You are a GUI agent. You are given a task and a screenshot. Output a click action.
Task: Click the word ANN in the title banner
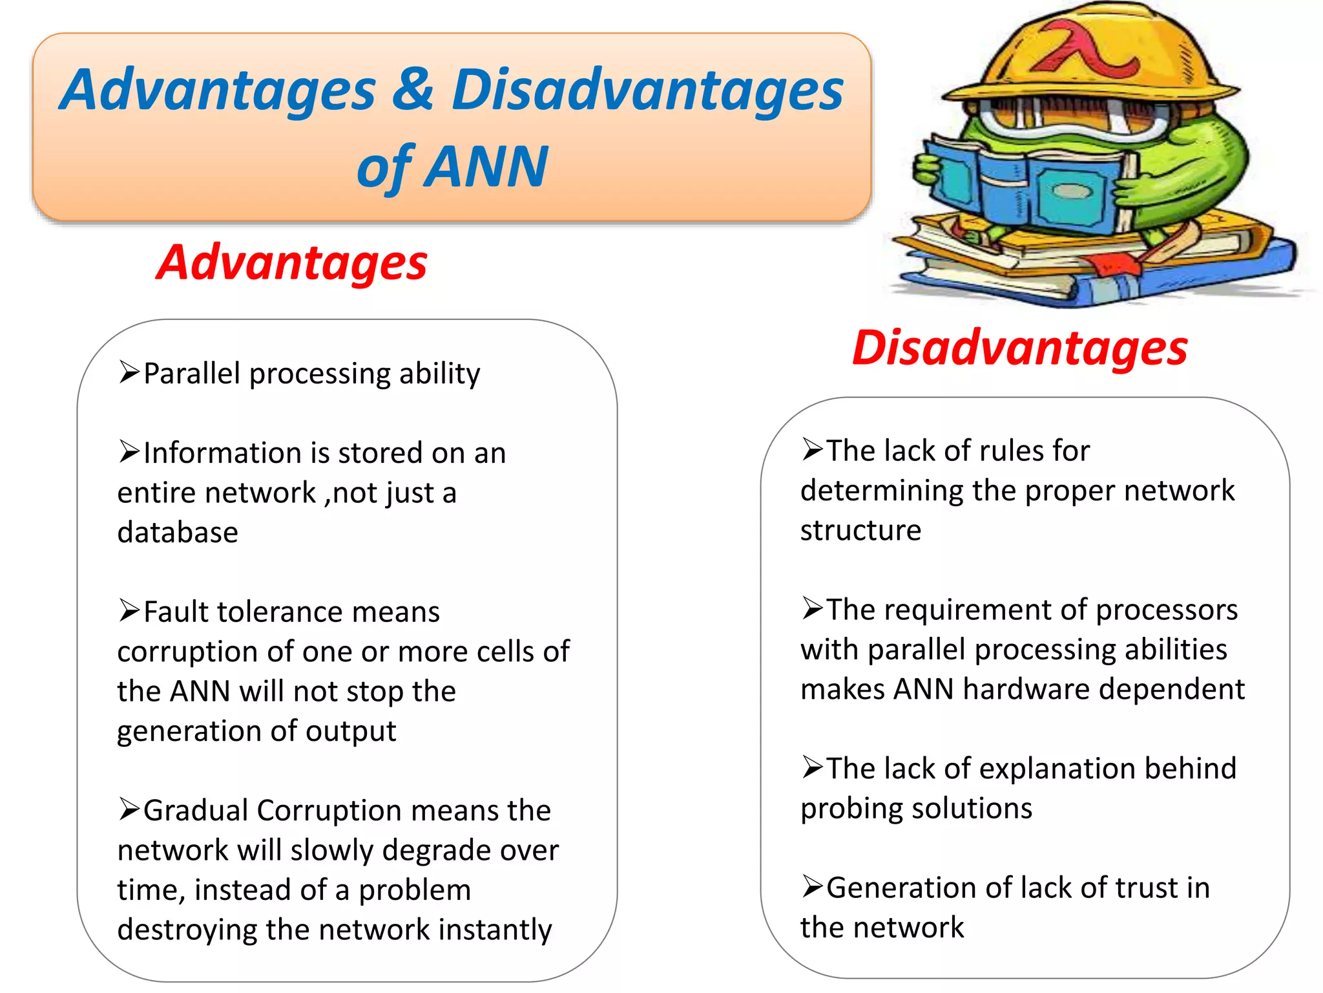point(488,167)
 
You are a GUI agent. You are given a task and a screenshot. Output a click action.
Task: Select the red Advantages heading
point(292,262)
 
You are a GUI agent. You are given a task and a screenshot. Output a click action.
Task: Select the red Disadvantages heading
point(1020,348)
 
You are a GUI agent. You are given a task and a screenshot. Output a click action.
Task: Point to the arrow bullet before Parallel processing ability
point(129,373)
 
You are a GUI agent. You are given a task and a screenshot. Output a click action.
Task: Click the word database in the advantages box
point(178,533)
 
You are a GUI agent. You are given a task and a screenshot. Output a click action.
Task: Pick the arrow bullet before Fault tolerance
point(129,611)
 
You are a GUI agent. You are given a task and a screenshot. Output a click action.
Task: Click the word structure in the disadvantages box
point(860,531)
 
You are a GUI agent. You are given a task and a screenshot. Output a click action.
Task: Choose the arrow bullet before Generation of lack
point(813,886)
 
